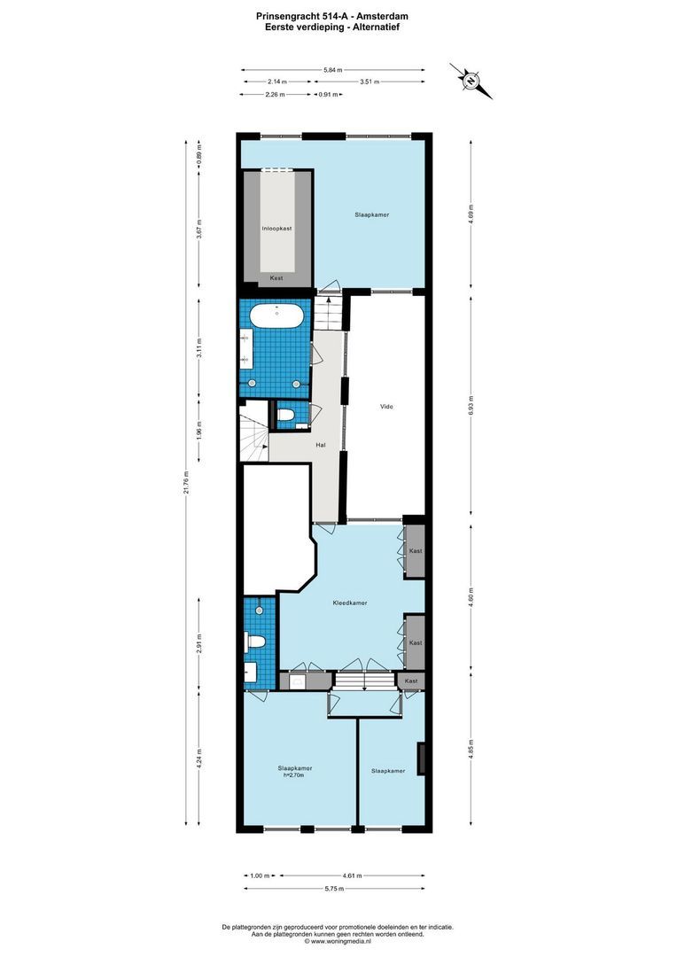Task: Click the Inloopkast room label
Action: pyautogui.click(x=276, y=229)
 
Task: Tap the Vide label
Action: pyautogui.click(x=385, y=407)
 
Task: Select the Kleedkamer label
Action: pyautogui.click(x=350, y=603)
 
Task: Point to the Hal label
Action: pyautogui.click(x=321, y=446)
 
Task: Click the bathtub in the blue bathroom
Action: pyautogui.click(x=276, y=314)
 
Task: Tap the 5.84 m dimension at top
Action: pyautogui.click(x=332, y=70)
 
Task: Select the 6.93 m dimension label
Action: pyautogui.click(x=471, y=406)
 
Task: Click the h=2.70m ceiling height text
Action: pyautogui.click(x=294, y=776)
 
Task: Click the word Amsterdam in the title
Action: pyautogui.click(x=384, y=16)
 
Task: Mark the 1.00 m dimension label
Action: pyautogui.click(x=259, y=875)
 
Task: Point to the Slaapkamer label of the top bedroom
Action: pyautogui.click(x=372, y=215)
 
